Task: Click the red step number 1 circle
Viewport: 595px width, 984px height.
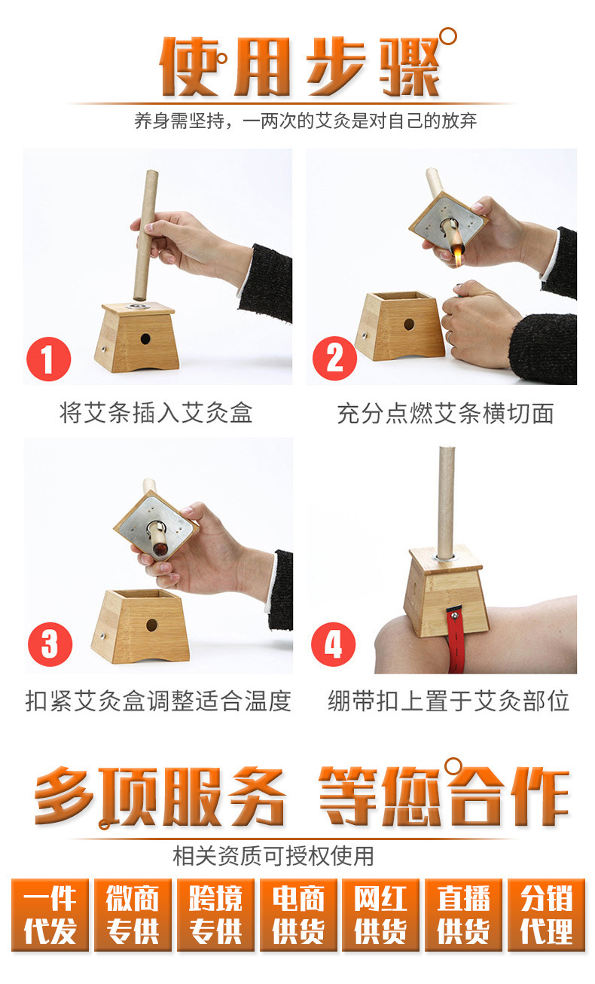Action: tap(49, 359)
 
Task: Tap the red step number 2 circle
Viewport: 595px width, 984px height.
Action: tap(334, 359)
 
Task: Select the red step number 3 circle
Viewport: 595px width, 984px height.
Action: tap(50, 644)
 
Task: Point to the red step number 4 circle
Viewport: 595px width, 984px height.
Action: tap(334, 644)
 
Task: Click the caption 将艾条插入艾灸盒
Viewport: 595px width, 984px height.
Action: tap(156, 413)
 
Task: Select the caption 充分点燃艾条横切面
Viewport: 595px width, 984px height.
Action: tap(445, 414)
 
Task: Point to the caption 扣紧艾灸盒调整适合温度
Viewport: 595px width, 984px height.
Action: tap(158, 701)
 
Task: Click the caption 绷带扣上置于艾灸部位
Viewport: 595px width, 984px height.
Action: tap(448, 701)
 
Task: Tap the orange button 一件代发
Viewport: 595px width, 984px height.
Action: tap(50, 915)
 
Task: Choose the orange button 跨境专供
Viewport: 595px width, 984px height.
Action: tap(215, 915)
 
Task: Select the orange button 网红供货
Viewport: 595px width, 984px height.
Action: tap(380, 915)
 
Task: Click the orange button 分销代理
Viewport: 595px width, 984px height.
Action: tap(547, 915)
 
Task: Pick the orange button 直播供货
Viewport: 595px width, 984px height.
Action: tap(464, 915)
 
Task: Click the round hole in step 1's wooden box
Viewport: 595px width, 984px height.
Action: tap(145, 339)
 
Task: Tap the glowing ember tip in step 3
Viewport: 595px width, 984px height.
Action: tap(160, 549)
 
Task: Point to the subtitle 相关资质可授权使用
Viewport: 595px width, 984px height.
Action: tap(273, 856)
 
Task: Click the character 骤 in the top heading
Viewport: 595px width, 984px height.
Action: tap(409, 66)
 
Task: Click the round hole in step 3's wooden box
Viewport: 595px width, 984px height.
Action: tap(151, 625)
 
